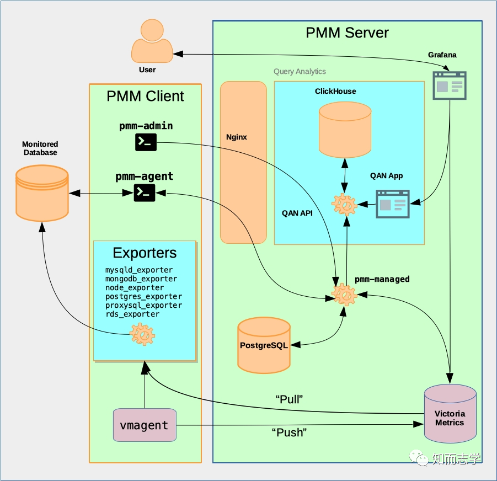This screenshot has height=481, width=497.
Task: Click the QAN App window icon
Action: pyautogui.click(x=393, y=204)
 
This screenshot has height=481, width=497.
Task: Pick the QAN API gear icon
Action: pyautogui.click(x=345, y=205)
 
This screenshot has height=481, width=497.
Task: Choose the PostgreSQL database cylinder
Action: pyautogui.click(x=264, y=345)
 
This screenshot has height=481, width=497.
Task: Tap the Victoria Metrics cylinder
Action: pyautogui.click(x=450, y=413)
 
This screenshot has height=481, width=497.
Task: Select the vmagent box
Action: pyautogui.click(x=145, y=425)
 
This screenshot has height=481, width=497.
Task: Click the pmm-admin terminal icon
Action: pyautogui.click(x=146, y=142)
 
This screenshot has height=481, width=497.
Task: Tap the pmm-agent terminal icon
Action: pyautogui.click(x=145, y=192)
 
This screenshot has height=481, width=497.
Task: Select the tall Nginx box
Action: pyautogui.click(x=243, y=162)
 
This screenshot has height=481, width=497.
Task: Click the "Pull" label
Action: pyautogui.click(x=290, y=398)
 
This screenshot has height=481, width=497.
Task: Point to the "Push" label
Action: pyautogui.click(x=289, y=432)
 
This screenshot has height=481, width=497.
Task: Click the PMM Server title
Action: pyautogui.click(x=347, y=33)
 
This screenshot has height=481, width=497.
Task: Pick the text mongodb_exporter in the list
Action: pyautogui.click(x=141, y=279)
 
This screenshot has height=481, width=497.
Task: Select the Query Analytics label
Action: pyautogui.click(x=300, y=72)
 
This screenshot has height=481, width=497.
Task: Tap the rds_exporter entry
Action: pyautogui.click(x=132, y=314)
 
